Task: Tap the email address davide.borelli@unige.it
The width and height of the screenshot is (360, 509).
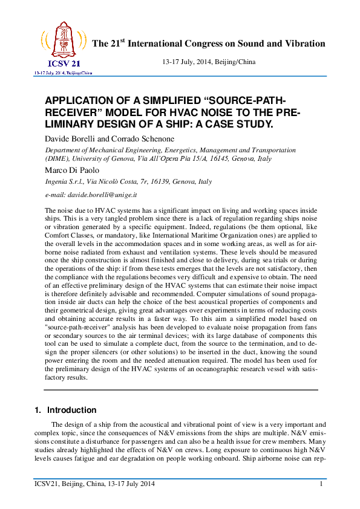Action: [106, 196]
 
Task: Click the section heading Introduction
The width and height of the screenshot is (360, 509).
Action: [71, 410]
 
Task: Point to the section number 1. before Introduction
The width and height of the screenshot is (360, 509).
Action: [38, 410]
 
